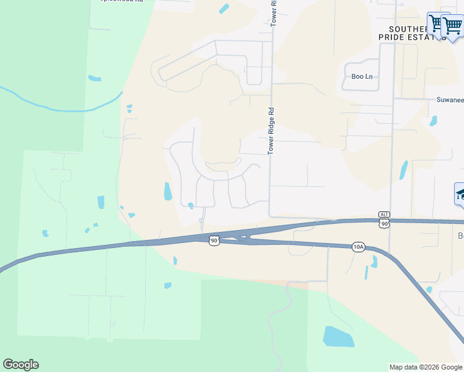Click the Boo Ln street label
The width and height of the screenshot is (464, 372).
362,77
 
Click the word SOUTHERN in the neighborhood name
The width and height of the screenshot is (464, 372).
408,29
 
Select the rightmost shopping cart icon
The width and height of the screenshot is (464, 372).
452,26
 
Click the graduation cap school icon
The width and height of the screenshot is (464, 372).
460,194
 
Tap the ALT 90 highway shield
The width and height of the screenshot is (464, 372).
384,220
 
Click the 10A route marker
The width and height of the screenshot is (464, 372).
358,247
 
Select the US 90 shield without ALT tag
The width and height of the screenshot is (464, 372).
214,240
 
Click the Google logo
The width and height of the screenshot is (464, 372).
20,365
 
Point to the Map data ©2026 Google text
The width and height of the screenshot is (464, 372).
426,367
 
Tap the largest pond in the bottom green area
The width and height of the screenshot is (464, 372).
338,337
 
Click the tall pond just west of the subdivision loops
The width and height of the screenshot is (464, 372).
167,191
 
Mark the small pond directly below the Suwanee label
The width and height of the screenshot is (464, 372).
433,121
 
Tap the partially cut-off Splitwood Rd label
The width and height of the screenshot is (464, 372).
122,2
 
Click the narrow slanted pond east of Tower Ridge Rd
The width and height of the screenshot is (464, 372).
404,170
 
